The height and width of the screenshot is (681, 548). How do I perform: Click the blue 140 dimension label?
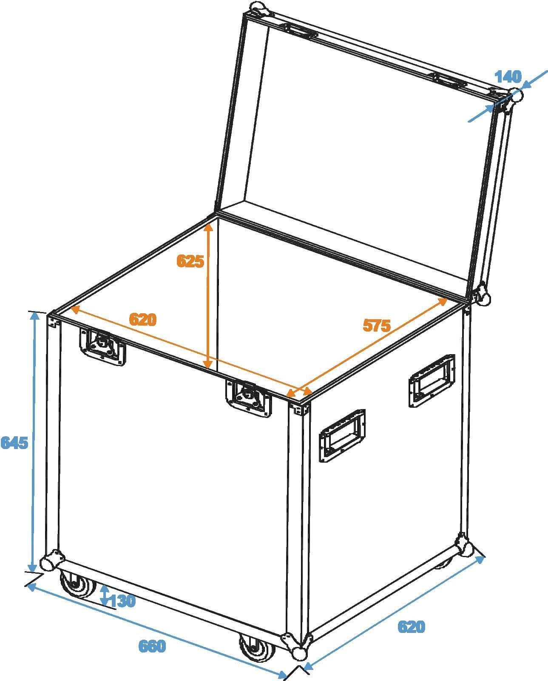[508, 77]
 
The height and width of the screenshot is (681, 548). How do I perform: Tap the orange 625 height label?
[190, 261]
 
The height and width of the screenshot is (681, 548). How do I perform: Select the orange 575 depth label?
[377, 325]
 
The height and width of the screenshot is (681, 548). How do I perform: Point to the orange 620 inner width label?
[143, 320]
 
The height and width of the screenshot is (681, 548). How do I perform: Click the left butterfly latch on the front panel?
[102, 347]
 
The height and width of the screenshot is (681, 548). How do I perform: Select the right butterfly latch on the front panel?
[249, 399]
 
